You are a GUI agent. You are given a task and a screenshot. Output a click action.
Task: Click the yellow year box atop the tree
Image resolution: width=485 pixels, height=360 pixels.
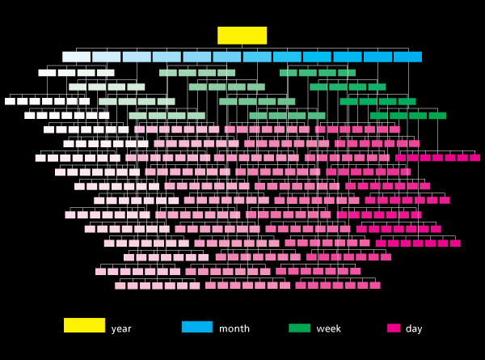click(x=242, y=36)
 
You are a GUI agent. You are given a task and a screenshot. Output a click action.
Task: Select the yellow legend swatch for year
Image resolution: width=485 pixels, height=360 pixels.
click(x=84, y=325)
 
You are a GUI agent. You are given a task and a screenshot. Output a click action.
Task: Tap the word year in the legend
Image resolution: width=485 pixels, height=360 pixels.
click(x=121, y=328)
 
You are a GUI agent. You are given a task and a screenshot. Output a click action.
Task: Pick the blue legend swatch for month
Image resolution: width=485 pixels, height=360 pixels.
click(x=197, y=327)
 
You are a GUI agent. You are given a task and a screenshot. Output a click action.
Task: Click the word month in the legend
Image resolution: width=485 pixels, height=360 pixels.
click(x=234, y=328)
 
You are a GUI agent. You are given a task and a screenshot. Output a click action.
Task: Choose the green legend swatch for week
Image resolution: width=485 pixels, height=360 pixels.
click(x=299, y=328)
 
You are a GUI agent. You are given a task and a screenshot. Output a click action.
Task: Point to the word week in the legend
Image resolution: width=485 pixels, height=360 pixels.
click(x=328, y=328)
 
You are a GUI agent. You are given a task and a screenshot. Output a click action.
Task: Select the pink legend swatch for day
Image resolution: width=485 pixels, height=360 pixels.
click(x=394, y=328)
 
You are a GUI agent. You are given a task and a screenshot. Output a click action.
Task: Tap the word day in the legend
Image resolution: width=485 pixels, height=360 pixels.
click(x=414, y=328)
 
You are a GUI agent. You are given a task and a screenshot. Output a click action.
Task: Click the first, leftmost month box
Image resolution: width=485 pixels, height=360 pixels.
click(x=77, y=57)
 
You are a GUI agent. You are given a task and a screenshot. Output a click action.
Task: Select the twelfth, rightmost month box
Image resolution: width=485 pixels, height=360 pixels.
click(x=407, y=57)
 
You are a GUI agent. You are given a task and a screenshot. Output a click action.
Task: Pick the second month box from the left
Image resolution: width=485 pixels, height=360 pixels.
click(x=107, y=57)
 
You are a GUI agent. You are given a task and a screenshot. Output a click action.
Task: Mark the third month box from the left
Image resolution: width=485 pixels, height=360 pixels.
click(x=137, y=57)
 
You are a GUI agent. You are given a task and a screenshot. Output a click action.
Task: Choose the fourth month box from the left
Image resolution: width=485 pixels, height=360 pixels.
click(x=167, y=57)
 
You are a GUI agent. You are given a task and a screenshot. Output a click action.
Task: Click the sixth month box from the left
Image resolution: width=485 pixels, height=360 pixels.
click(x=227, y=57)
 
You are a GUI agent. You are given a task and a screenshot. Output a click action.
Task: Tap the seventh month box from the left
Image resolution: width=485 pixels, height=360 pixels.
click(x=257, y=57)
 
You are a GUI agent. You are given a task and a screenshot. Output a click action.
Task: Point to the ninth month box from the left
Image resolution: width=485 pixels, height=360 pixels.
click(x=317, y=57)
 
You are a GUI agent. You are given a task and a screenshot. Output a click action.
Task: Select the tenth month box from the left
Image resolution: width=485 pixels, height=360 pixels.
click(x=348, y=57)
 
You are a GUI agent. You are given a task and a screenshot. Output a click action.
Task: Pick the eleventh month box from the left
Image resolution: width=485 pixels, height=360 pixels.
click(x=377, y=57)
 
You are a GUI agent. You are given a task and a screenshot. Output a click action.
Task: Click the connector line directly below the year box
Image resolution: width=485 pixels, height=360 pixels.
click(x=242, y=47)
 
